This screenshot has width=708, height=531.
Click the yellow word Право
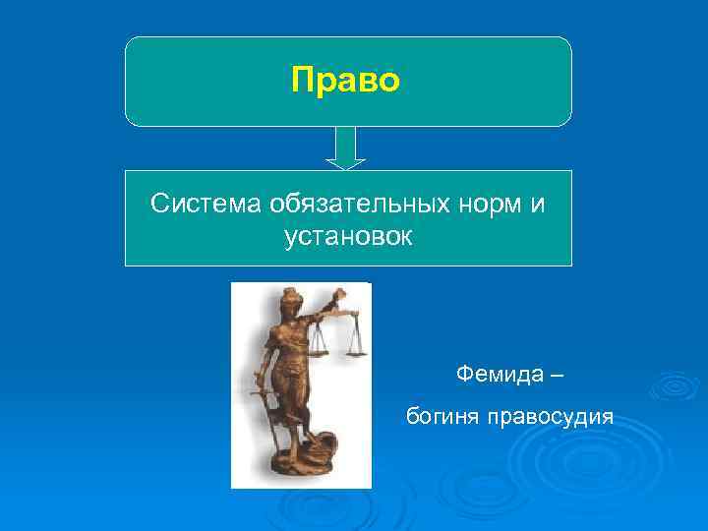pos(345,80)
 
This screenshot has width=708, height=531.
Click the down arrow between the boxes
pos(344,147)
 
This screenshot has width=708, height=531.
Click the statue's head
pos(292,300)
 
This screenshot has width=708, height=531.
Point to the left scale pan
pos(317,350)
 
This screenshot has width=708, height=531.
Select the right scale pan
pos(355,350)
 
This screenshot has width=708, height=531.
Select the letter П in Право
pos(302,80)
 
